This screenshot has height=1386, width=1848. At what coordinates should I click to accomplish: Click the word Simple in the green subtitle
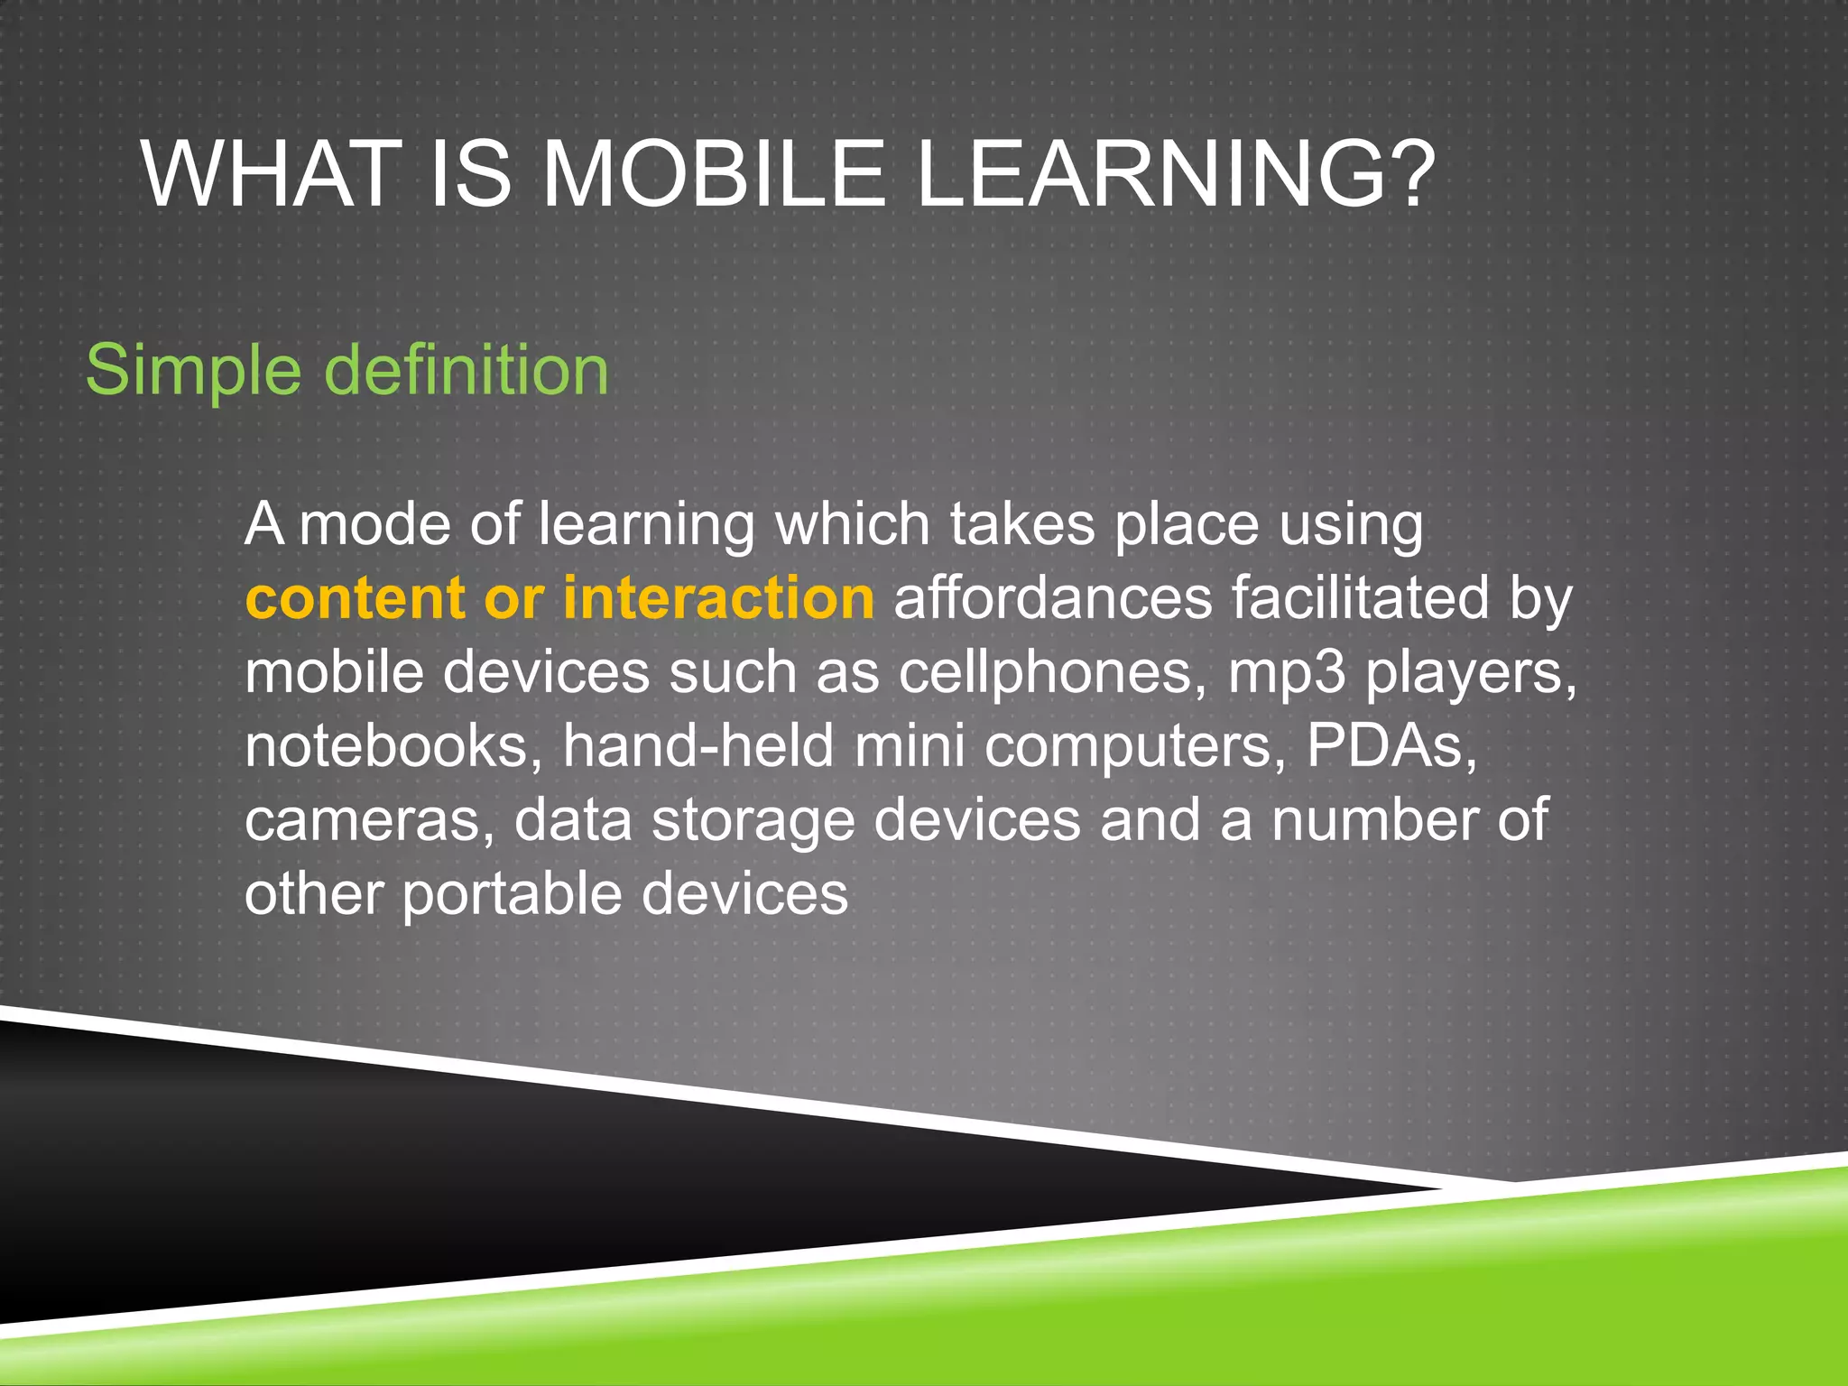pos(193,371)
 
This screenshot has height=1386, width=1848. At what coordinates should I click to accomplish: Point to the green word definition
pos(467,369)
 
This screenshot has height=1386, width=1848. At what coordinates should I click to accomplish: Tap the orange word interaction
pos(718,598)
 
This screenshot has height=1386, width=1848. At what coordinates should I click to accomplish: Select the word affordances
pos(1052,598)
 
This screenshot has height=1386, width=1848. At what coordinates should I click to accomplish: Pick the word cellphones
pos(1052,674)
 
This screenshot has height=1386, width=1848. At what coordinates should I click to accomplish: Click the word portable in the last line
pos(512,895)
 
